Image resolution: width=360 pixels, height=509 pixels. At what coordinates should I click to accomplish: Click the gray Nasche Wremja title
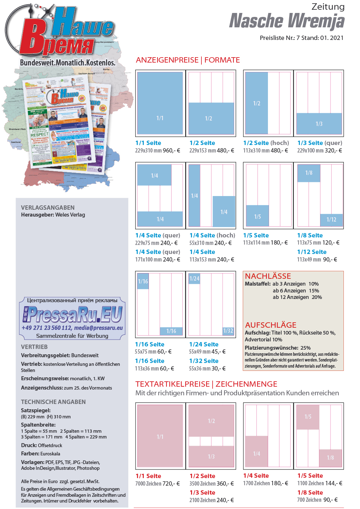coord(287,21)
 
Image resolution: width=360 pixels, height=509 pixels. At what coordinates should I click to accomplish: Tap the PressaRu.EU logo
coord(73,314)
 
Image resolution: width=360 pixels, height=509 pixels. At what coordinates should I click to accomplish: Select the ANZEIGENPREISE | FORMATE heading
coord(188,60)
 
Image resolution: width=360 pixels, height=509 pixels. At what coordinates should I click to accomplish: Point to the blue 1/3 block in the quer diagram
coord(319,123)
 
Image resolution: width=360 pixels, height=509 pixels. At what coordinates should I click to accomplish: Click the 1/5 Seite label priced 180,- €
coord(256,235)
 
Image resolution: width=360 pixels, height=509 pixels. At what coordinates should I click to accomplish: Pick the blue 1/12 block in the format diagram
coord(331,219)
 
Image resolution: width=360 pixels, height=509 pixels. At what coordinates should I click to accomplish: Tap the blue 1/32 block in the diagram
coord(228,331)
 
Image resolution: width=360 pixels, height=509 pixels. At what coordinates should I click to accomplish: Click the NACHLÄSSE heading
coord(268,276)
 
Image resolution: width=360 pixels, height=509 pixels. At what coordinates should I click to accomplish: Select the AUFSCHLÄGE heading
coord(270,325)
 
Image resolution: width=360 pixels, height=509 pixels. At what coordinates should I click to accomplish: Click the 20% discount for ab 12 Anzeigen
coord(317,297)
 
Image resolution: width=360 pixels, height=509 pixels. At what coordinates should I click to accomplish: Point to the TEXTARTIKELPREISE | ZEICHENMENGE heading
coord(206,384)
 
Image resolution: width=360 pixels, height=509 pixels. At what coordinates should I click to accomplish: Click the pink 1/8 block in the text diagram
coord(330,458)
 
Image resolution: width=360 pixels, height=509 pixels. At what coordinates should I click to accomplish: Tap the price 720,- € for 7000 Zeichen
coord(171,483)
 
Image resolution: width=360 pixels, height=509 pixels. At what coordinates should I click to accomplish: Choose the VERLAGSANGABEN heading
coord(48,208)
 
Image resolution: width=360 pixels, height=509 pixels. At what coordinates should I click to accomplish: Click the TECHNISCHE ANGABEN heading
coord(53,402)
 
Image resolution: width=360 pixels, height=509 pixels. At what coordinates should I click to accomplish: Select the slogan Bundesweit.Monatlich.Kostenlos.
coord(68,63)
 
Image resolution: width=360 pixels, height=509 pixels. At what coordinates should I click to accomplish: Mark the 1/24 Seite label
coord(204,344)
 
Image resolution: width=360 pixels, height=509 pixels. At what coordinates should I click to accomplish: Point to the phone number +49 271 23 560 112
coord(47,328)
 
